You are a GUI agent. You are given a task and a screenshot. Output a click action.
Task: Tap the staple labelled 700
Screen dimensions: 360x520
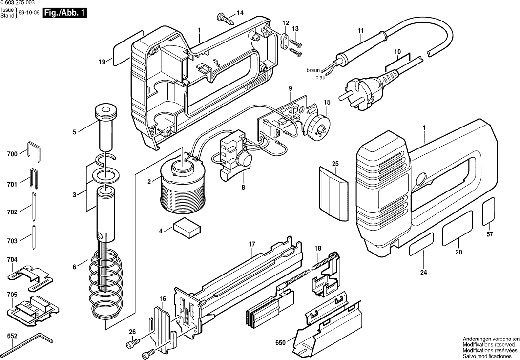click(33, 151)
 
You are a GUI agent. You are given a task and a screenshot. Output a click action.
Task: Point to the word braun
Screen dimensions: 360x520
click(313, 70)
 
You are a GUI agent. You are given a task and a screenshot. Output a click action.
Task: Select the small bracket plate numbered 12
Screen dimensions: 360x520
click(285, 41)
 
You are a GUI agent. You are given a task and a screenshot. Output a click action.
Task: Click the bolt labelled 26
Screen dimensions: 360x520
click(133, 344)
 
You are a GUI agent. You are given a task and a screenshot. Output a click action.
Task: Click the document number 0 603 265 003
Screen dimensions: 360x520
click(24, 3)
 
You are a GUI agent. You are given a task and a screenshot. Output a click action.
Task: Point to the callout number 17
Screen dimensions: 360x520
click(252, 244)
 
